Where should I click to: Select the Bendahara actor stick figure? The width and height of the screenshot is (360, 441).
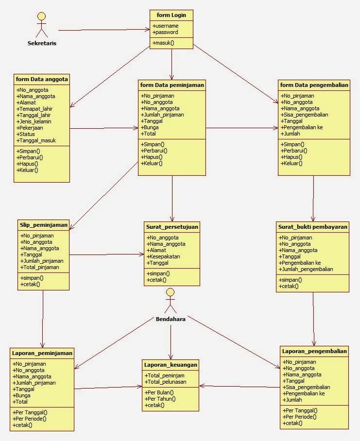pyautogui.click(x=170, y=301)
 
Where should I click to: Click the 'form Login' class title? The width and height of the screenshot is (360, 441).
pyautogui.click(x=171, y=16)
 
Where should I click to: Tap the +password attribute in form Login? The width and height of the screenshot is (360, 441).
pyautogui.click(x=165, y=32)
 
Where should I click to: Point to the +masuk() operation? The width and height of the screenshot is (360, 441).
pyautogui.click(x=163, y=43)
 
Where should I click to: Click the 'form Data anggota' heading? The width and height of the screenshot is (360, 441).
pyautogui.click(x=42, y=79)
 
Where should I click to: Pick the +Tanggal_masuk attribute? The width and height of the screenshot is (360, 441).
pyautogui.click(x=36, y=140)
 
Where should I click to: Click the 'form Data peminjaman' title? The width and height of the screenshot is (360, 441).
pyautogui.click(x=172, y=85)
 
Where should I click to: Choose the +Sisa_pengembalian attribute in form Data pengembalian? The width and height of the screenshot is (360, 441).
pyautogui.click(x=304, y=115)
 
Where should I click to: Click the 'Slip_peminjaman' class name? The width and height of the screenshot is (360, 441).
pyautogui.click(x=43, y=224)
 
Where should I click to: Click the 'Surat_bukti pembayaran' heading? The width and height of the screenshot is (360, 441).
pyautogui.click(x=312, y=226)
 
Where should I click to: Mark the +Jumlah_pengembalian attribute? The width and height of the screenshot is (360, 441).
pyautogui.click(x=307, y=269)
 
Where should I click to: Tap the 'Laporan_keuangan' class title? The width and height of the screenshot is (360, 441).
pyautogui.click(x=171, y=364)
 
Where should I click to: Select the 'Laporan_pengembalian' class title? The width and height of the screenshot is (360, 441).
pyautogui.click(x=314, y=351)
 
